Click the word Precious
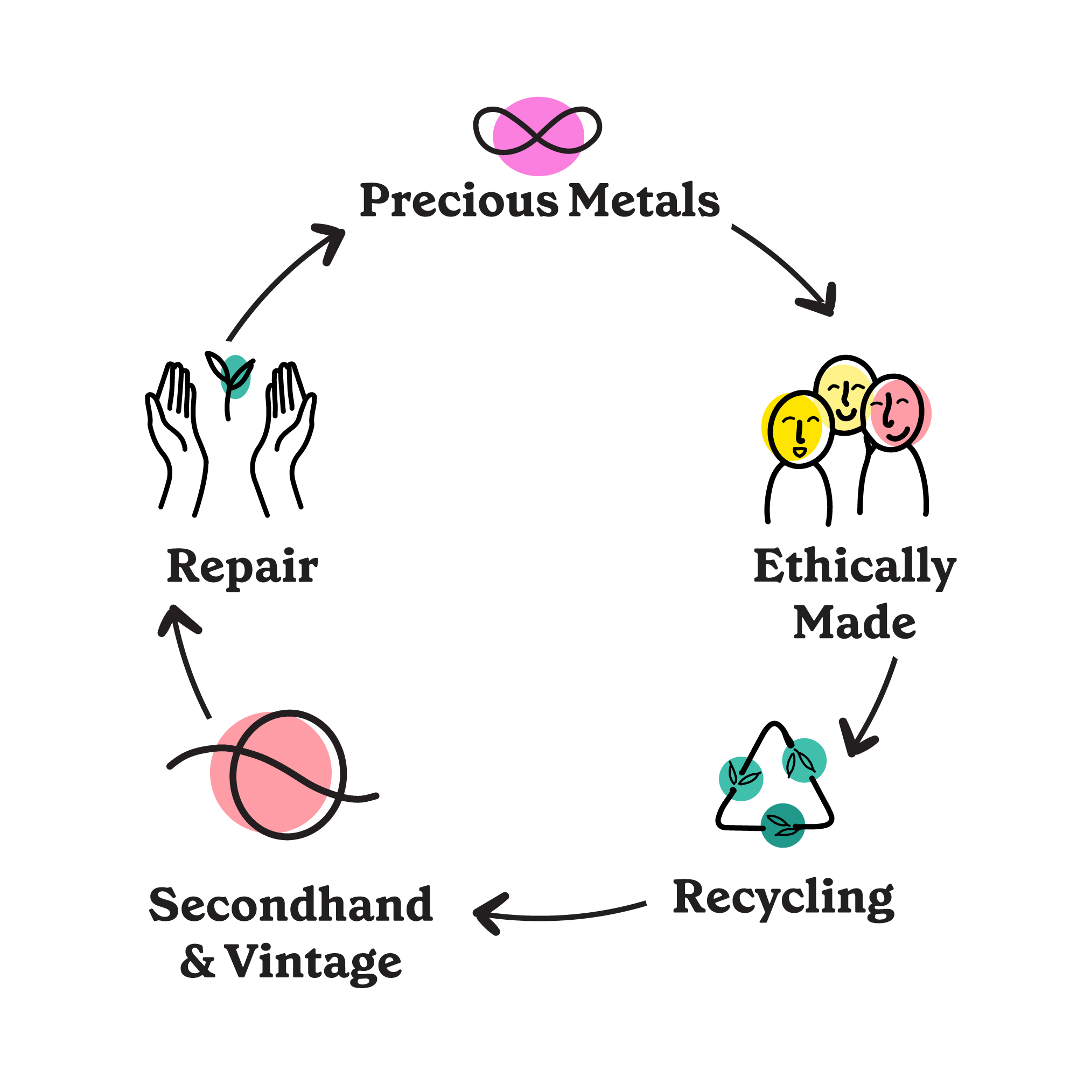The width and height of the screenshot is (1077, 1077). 458,201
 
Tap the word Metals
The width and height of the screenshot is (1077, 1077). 644,201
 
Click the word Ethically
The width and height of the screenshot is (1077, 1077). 855,568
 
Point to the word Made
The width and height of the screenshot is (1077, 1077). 855,623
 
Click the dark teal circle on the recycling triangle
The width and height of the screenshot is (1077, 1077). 782,825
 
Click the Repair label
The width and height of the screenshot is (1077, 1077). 242,568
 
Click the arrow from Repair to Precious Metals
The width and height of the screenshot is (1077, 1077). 279,279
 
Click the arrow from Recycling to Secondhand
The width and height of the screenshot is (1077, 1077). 557,915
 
